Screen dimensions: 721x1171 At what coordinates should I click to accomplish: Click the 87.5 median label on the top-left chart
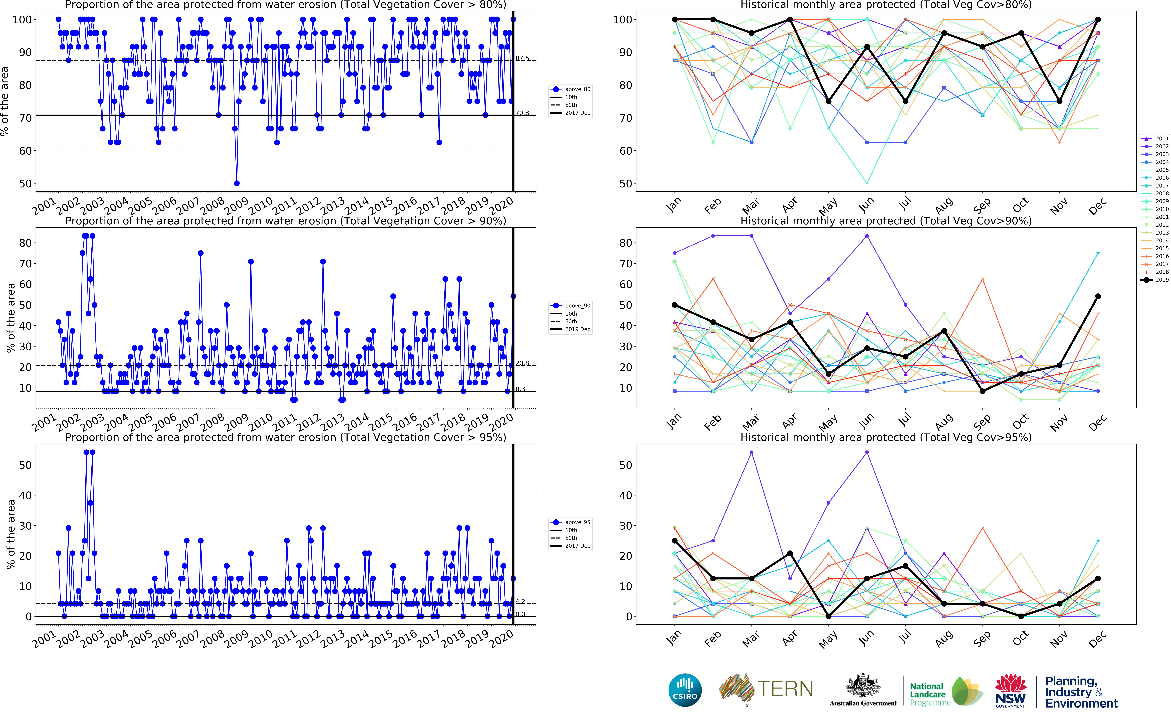click(x=522, y=58)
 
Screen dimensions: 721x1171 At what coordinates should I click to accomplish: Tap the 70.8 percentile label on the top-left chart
click(x=522, y=113)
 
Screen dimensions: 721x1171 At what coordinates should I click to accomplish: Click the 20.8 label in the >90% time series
click(x=522, y=363)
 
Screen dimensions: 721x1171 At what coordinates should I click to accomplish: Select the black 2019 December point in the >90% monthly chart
click(x=1098, y=297)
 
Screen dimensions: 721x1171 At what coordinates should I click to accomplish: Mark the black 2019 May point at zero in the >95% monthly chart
click(x=828, y=617)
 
